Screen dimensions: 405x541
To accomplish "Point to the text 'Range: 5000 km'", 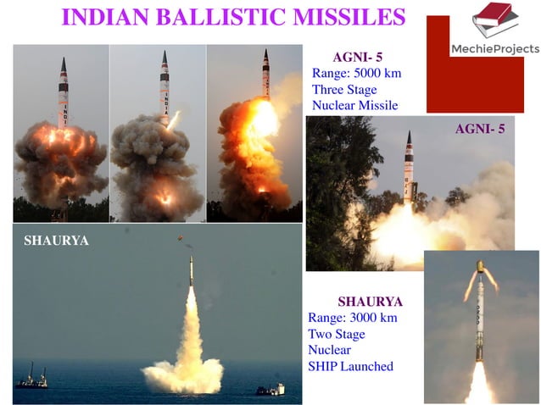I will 356,73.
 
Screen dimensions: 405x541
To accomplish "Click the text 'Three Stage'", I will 345,89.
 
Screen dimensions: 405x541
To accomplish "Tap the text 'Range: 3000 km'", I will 353,318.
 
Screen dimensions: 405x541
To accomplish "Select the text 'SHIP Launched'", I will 350,366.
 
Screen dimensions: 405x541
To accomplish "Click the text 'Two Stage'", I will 336,334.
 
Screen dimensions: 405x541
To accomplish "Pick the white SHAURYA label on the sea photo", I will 57,241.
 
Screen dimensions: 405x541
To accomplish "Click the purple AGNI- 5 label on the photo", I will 480,130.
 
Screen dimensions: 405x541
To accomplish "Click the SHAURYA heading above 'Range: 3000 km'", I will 370,301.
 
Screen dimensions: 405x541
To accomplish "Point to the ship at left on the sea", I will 31,379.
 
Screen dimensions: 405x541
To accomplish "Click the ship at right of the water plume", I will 270,388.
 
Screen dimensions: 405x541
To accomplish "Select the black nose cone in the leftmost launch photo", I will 64,65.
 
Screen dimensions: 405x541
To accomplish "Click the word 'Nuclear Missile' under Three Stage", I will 355,105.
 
